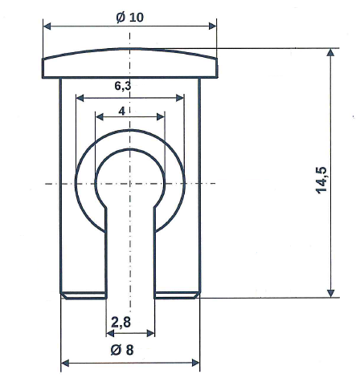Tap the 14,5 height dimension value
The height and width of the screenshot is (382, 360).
tap(321, 180)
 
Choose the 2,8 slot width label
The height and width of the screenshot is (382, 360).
tap(121, 323)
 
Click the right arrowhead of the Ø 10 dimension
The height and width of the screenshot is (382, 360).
tap(212, 26)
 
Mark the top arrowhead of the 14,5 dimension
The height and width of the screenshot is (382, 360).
tap(329, 53)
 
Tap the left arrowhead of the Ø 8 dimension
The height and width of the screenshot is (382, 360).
tap(67, 362)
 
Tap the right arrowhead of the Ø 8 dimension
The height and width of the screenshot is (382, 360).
tap(194, 362)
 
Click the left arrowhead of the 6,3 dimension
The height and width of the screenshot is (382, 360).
tap(80, 98)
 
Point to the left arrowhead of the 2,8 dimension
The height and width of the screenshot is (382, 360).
tap(111, 332)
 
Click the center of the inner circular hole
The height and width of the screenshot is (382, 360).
tap(130, 183)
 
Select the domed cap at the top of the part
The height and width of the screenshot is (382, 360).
tap(130, 64)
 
